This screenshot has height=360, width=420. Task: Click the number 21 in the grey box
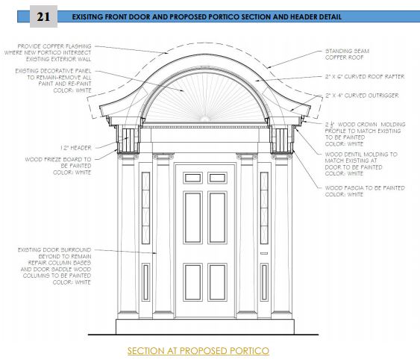coord(43,16)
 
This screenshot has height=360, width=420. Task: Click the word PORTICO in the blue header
coord(224,17)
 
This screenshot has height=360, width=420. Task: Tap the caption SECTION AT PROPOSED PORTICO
coord(198,350)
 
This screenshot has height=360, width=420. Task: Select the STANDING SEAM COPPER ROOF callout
coord(347,55)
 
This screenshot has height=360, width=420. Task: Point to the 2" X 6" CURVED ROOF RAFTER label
coord(365,77)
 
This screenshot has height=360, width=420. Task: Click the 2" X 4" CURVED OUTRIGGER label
coord(362,96)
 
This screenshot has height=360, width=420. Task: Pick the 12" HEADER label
coord(76,148)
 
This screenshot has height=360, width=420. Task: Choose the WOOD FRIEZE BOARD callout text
coord(58,166)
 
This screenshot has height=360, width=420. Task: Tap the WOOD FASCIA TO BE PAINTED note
coord(365,191)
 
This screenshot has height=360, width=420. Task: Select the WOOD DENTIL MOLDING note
coord(361,164)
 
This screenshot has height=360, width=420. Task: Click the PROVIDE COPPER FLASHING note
coord(48,52)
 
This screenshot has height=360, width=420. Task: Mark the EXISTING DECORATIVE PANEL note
coord(53,81)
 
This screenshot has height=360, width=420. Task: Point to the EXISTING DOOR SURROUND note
coord(54,266)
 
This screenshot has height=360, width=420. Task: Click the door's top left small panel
coord(193,178)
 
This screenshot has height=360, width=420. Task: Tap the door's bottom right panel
coord(217,282)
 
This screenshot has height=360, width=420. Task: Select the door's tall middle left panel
coord(193,217)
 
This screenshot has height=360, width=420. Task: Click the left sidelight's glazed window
coord(145,208)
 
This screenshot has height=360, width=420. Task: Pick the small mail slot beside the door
coord(264,253)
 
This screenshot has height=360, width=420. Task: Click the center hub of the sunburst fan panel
coord(205,119)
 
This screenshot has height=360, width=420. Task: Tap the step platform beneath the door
coord(205,326)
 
